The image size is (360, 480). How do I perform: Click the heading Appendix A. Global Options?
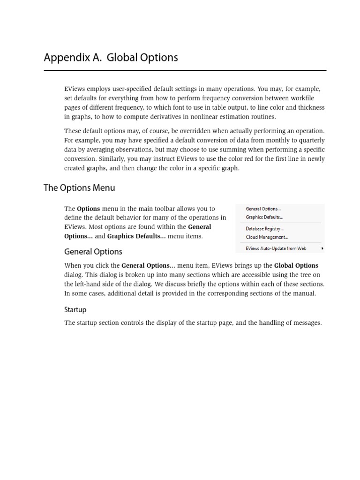tap(111, 58)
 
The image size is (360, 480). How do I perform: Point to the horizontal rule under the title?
tap(185, 71)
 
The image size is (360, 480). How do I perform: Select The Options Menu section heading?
tap(79, 188)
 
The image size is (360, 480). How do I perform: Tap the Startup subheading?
tap(75, 310)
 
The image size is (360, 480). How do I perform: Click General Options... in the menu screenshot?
tap(263, 209)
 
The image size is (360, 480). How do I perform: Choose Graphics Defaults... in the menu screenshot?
tap(264, 217)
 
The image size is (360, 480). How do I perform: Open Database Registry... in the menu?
tap(264, 229)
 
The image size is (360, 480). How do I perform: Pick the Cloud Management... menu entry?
tap(267, 237)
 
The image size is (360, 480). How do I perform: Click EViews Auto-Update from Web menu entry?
tap(276, 248)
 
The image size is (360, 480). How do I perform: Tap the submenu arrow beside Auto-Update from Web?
tap(322, 248)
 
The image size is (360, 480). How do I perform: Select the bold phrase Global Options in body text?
tap(296, 266)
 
